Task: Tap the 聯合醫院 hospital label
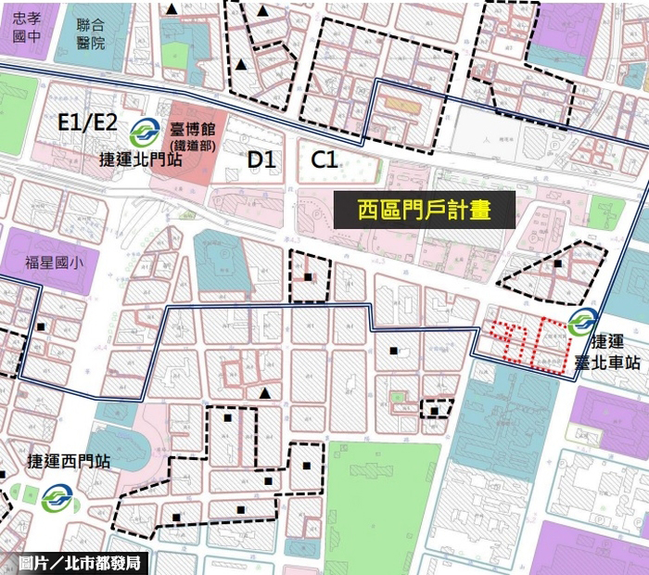[x=91, y=32]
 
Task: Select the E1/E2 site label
[x=87, y=122]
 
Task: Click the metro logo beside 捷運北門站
[x=144, y=130]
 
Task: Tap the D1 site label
[x=262, y=160]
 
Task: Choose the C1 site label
[x=324, y=160]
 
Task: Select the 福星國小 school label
[x=54, y=262]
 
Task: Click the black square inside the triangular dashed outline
[x=558, y=263]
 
